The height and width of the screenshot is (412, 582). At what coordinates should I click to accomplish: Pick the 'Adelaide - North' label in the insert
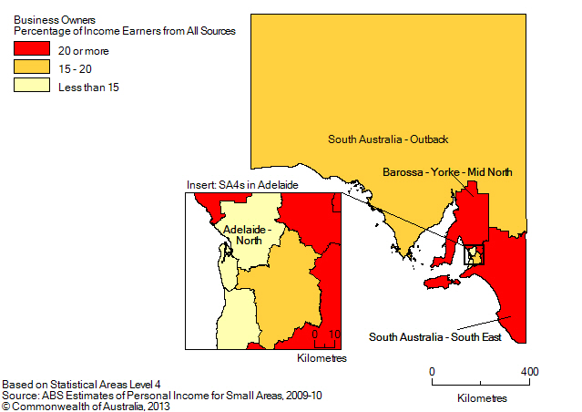point(245,235)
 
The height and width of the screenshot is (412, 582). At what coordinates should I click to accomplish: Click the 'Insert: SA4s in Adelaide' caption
point(241,185)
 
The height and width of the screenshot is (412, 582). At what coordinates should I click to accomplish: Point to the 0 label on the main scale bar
point(433,372)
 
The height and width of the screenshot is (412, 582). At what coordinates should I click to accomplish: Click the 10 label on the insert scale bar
point(334,335)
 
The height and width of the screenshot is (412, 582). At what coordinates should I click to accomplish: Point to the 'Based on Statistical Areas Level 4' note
point(81,385)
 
